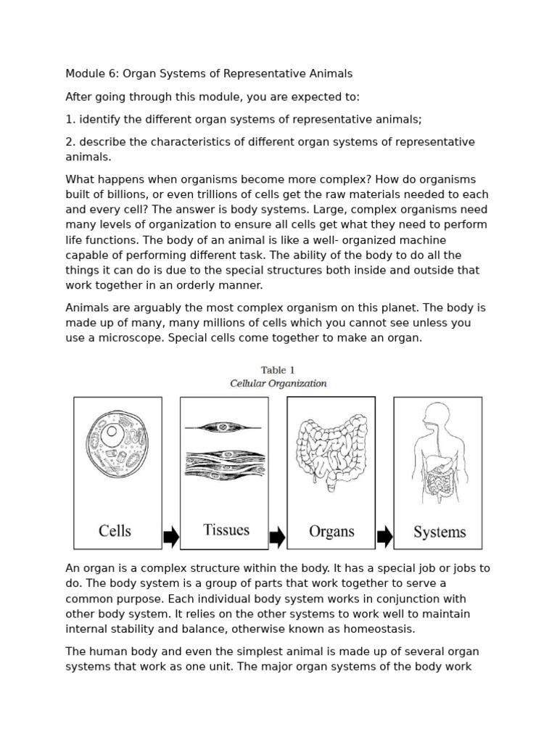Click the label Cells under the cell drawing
click(x=115, y=530)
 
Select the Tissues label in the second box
click(x=226, y=530)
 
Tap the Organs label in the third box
click(x=331, y=531)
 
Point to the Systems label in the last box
click(x=440, y=532)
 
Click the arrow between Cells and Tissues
click(x=171, y=538)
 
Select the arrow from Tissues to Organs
click(x=277, y=538)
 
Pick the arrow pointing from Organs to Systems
click(x=384, y=537)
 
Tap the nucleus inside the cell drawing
click(x=111, y=437)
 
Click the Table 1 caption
click(x=278, y=370)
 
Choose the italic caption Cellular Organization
click(x=278, y=383)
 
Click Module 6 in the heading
click(x=91, y=74)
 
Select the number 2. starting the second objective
click(x=71, y=142)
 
